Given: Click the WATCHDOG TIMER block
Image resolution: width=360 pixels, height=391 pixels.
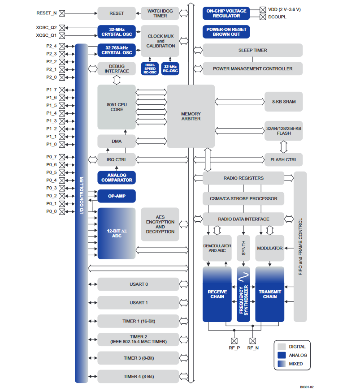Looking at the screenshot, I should point(160,13).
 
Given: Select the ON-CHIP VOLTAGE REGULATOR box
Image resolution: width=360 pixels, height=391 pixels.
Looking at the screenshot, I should point(226,13).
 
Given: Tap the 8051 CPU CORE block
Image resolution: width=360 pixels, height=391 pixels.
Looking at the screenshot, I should point(117,107).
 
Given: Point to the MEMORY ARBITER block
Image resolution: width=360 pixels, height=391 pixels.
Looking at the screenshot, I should point(191,116).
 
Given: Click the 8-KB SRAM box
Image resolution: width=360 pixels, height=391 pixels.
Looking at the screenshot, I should point(283,102).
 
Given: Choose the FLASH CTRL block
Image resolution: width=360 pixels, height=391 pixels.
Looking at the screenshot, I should point(283,160).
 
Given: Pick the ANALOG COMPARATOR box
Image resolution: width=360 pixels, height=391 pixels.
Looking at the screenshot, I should point(117,178).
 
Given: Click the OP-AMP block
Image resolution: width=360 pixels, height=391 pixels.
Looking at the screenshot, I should point(117,196).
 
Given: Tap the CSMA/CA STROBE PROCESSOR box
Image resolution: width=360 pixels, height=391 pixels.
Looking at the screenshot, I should point(243,198).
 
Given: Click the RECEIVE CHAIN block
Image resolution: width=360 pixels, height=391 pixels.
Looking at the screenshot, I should point(217,294).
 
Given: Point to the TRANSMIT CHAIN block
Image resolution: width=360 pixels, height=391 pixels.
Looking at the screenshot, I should point(270,294).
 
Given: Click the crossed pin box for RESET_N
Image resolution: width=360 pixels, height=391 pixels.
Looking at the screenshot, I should point(62,13).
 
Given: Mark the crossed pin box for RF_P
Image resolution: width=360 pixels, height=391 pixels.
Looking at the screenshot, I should point(234,340).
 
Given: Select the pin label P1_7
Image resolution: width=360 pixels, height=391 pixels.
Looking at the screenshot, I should point(51,90).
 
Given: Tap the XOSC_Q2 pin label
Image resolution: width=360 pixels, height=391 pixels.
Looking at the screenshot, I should point(46,27).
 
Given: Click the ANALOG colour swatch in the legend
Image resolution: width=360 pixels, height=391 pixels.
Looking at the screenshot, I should point(282,355).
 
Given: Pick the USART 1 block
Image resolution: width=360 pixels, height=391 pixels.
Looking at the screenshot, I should point(138,303).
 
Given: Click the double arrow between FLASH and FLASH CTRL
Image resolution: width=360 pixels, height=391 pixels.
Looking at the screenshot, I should point(283,146).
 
